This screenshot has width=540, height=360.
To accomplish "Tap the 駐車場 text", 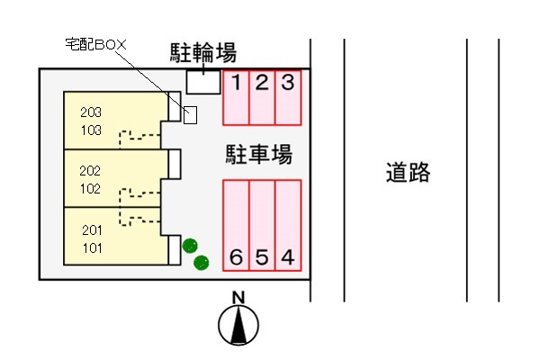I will point(258,155).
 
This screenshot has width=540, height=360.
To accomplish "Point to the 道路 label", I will point(408,172).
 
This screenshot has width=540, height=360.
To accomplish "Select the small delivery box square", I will point(190,115).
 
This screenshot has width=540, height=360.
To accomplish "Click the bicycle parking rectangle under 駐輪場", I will point(203,81).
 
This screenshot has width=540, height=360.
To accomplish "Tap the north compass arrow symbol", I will point(238,326).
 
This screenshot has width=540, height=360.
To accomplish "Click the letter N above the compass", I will point(238,298).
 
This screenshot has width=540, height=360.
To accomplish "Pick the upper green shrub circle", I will point(189,246).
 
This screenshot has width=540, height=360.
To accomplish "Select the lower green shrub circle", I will point(202,262).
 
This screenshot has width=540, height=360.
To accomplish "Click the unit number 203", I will point(90,113).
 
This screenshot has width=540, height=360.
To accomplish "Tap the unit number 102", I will point(90,189).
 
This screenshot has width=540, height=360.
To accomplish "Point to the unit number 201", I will point(92,229).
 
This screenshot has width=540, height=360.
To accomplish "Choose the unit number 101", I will point(92,247).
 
